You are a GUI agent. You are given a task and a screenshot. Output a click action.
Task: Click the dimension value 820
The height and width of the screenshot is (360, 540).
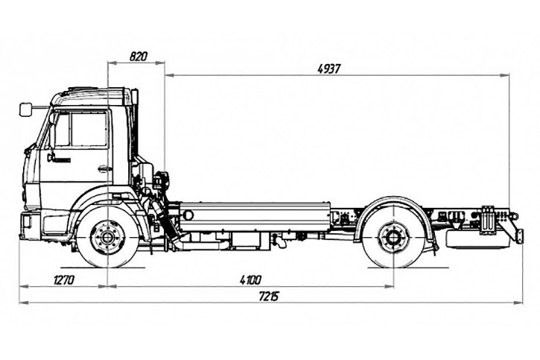(137, 56)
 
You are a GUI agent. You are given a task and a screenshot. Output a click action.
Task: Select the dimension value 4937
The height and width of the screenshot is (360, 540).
(328, 68)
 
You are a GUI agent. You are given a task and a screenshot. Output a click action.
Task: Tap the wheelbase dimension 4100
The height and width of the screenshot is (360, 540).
(250, 280)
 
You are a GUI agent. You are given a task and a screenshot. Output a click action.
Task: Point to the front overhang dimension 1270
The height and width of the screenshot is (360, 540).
(66, 280)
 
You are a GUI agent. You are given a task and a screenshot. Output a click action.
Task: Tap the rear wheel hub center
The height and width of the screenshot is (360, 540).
(392, 239)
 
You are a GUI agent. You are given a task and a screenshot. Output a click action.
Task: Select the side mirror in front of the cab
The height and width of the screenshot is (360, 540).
(27, 110)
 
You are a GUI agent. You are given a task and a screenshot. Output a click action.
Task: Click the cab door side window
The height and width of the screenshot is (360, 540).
(82, 130)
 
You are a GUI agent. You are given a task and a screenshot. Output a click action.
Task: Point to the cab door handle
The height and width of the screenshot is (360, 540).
(104, 169)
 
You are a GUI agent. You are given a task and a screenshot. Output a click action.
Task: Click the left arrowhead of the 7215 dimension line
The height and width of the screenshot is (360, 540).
(22, 302)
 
